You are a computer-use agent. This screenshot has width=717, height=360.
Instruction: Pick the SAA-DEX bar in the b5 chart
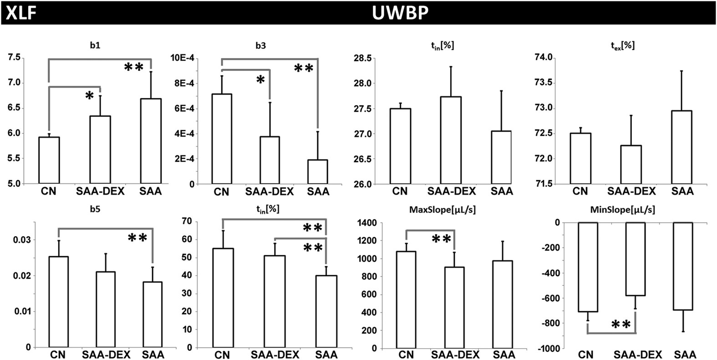coord(106,309)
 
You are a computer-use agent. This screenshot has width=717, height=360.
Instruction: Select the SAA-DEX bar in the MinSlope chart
coord(636,259)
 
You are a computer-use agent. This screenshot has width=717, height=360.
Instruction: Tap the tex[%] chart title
coord(623,45)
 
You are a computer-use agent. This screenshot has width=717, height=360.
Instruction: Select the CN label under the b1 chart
coord(49,191)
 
